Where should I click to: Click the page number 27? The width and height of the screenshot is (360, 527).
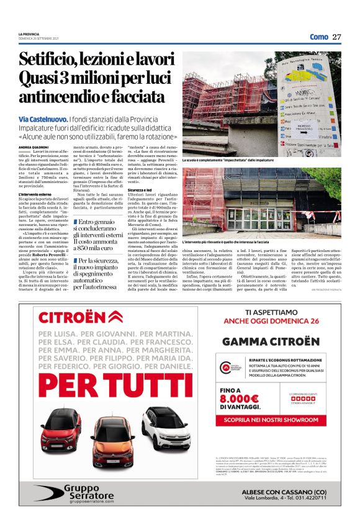pyautogui.click(x=337, y=37)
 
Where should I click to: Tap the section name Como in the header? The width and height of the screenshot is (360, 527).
pyautogui.click(x=319, y=37)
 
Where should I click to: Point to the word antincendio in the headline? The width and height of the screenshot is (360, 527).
pyautogui.click(x=60, y=96)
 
